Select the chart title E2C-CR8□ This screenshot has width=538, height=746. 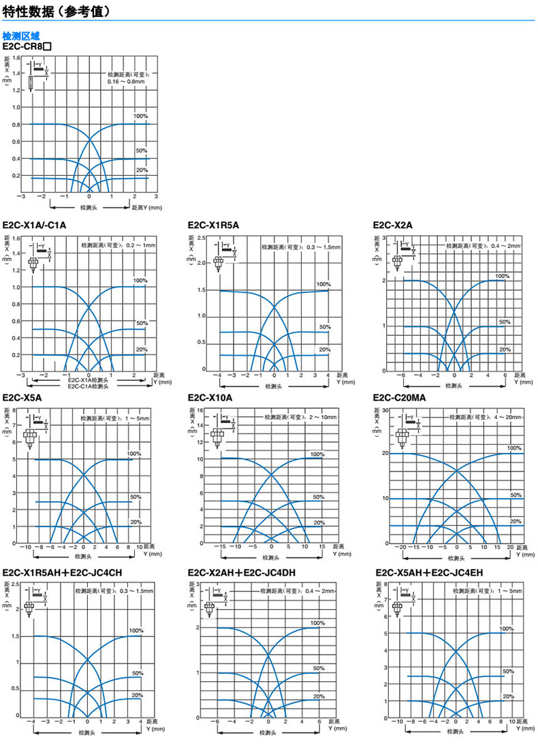click(27, 46)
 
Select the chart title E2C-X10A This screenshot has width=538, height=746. click(210, 398)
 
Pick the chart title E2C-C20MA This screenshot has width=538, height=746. click(400, 398)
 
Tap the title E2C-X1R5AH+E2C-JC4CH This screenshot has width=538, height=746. click(62, 573)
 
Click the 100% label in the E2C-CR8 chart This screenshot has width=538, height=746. click(141, 116)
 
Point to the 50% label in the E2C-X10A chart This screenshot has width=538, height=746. click(319, 497)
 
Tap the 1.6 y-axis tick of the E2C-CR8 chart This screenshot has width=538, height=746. click(16, 59)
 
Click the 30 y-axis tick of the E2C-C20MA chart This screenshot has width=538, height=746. click(384, 409)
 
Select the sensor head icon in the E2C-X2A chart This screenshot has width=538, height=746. click(397, 260)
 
